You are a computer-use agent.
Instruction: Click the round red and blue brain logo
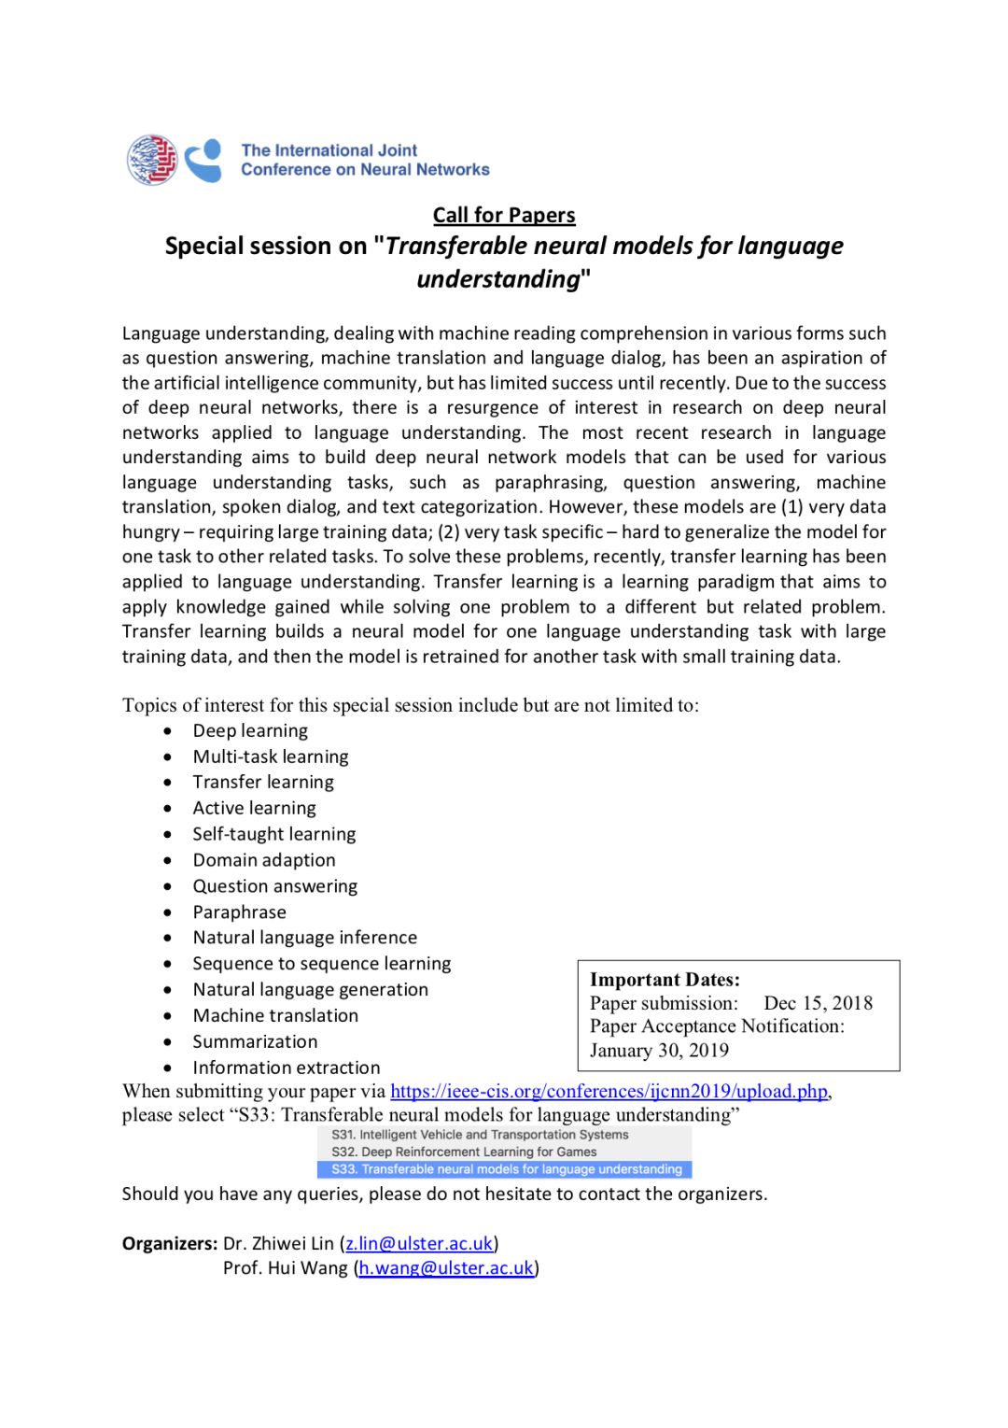(152, 160)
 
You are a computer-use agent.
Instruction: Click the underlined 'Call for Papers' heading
(504, 215)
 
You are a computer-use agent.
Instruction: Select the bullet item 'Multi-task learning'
(271, 756)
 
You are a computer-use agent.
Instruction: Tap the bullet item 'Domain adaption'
(264, 860)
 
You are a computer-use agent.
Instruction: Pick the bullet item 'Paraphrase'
(239, 912)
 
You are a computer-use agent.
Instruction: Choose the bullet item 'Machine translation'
(275, 1016)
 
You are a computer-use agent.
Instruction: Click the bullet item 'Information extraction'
(286, 1067)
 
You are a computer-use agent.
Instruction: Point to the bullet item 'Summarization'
(255, 1041)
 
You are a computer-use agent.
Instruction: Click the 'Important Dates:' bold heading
(665, 980)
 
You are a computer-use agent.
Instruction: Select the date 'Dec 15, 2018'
(818, 1003)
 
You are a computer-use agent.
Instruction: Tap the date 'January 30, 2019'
(659, 1051)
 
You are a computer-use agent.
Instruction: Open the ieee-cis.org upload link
(609, 1091)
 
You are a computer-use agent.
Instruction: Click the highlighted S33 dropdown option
(506, 1169)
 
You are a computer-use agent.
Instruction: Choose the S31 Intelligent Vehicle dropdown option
(480, 1135)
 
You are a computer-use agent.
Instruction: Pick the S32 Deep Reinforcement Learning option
(464, 1152)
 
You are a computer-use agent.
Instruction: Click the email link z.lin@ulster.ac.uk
(419, 1243)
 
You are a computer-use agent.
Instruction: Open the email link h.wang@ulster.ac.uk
(446, 1268)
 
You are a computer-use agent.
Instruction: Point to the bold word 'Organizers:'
(170, 1243)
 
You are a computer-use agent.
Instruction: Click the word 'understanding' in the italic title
(498, 279)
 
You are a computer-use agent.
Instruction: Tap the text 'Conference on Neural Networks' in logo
(365, 170)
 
